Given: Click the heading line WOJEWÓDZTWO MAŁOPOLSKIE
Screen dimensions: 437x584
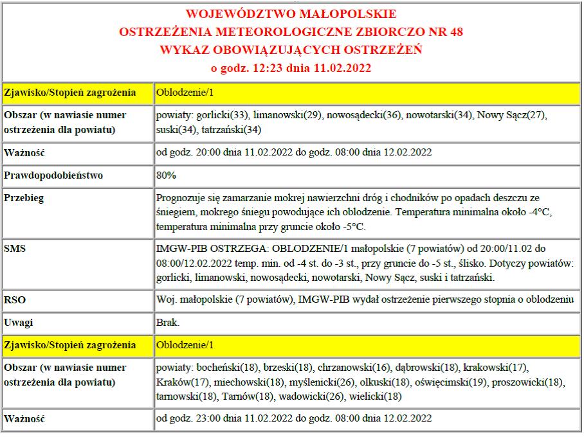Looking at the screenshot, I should click(291, 14).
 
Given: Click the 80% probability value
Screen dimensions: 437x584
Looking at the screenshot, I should click(167, 175).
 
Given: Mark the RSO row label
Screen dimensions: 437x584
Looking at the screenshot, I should click(14, 299).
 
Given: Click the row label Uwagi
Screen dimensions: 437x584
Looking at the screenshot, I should click(18, 322).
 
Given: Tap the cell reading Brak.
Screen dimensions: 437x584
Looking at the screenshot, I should click(168, 322).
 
